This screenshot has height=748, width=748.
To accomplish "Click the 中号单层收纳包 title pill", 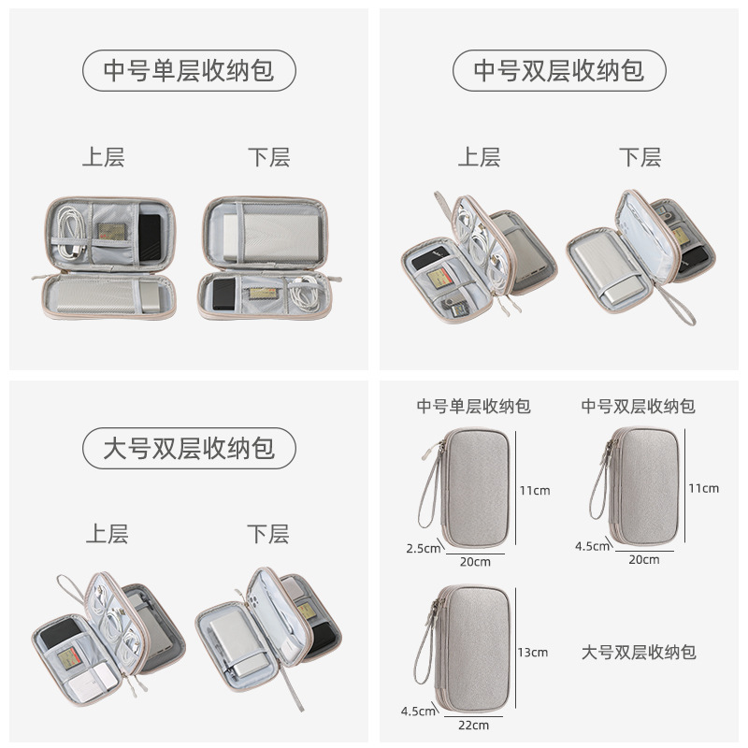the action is pos(190,70).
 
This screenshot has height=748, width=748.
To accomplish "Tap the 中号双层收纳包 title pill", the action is pos(559,70).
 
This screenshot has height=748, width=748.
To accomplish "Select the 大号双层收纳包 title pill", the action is pos(190,448).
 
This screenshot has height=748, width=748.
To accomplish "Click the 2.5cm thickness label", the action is pos(424,548).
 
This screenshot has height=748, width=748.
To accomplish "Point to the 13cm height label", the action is pos(532,652).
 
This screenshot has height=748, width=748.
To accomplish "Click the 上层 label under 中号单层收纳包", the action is pos(103,157).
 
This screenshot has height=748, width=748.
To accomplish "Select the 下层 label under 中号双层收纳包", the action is pos(640,157).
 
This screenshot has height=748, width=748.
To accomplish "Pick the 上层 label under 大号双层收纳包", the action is pos(107,534).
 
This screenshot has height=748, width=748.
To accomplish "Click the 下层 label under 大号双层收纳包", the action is pos(267,534).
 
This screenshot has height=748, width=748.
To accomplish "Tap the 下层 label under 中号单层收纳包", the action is pos(268,157).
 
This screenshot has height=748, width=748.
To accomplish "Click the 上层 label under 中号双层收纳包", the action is pos(479,157).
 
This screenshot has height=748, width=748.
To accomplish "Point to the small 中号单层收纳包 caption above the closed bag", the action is pos(474,406).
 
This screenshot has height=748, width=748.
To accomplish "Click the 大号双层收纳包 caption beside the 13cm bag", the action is pos(639,652).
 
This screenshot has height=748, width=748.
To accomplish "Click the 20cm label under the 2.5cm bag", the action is pos(474,561).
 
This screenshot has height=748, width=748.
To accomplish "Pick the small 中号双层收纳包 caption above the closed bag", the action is pos(639,406).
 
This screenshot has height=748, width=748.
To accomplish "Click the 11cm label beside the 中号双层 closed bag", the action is pos(703,488).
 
